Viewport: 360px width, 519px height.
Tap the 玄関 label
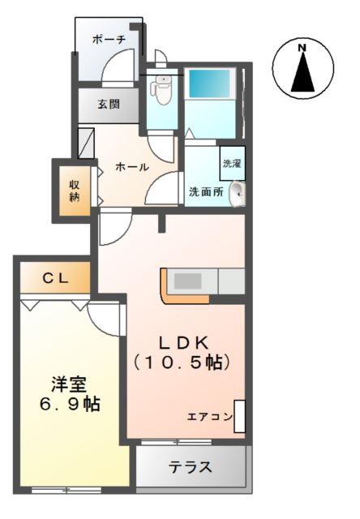tap(109, 104)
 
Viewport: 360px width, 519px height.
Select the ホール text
tap(131, 167)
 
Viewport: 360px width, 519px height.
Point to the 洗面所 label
tap(206, 192)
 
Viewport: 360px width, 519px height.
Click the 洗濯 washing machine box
tap(232, 163)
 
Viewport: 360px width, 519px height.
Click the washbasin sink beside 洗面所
tap(237, 193)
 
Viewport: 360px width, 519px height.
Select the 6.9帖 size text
tap(72, 403)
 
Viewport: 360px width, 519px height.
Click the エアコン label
tap(209, 417)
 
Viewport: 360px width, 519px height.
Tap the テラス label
tap(191, 468)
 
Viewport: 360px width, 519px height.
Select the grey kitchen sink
tap(189, 281)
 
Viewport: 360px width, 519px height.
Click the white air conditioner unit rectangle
tap(239, 416)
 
